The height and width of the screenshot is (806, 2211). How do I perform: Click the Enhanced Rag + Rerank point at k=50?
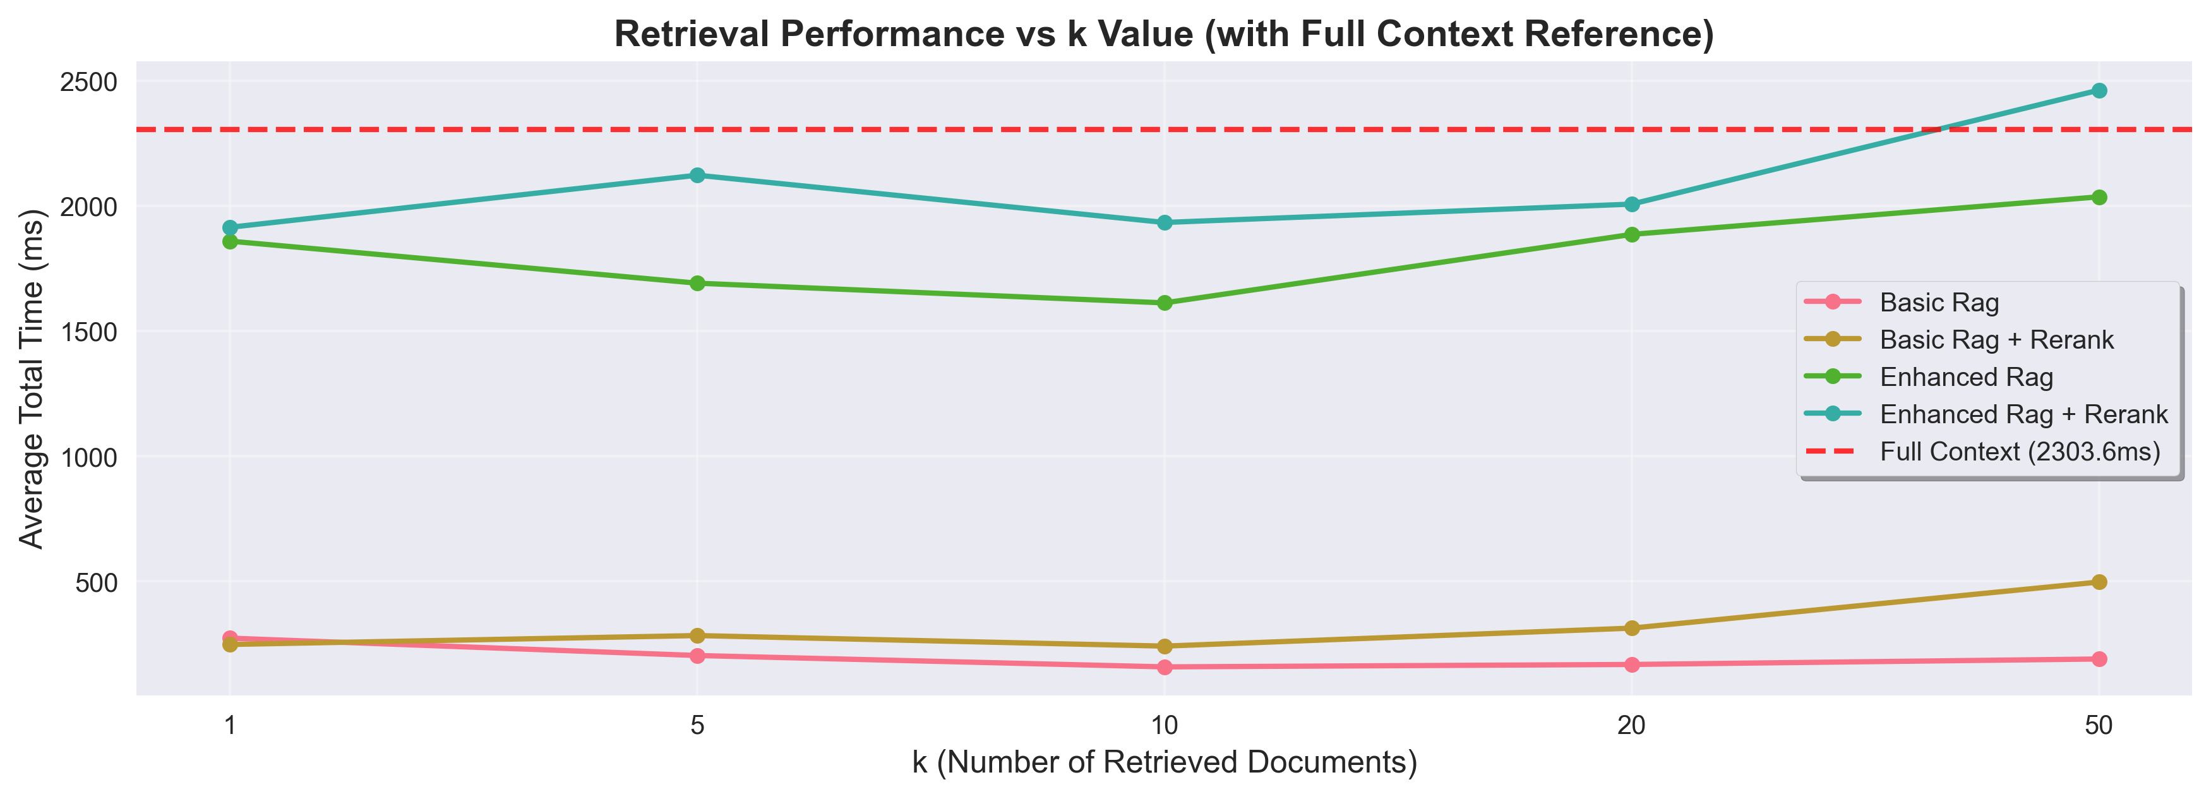click(2099, 90)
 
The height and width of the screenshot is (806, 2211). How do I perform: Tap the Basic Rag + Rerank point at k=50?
click(2099, 582)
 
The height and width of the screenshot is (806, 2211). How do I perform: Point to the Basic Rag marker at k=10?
click(1165, 667)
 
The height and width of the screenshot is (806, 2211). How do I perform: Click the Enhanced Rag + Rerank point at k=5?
click(697, 175)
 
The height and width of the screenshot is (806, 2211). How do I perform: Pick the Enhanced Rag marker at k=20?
click(1632, 234)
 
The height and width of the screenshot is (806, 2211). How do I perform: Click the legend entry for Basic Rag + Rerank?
click(1996, 340)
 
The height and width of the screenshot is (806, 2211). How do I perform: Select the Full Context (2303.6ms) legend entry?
click(2020, 452)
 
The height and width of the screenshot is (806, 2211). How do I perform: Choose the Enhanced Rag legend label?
click(1965, 377)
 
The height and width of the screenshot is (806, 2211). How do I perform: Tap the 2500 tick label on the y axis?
click(89, 82)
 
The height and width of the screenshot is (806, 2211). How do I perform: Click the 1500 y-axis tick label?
click(89, 332)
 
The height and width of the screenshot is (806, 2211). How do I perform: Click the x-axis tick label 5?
click(697, 726)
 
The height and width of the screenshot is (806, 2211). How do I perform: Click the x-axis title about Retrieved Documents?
click(1164, 762)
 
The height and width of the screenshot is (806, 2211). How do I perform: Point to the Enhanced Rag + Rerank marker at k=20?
click(1632, 204)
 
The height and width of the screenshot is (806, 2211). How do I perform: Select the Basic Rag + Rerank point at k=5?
click(697, 636)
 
